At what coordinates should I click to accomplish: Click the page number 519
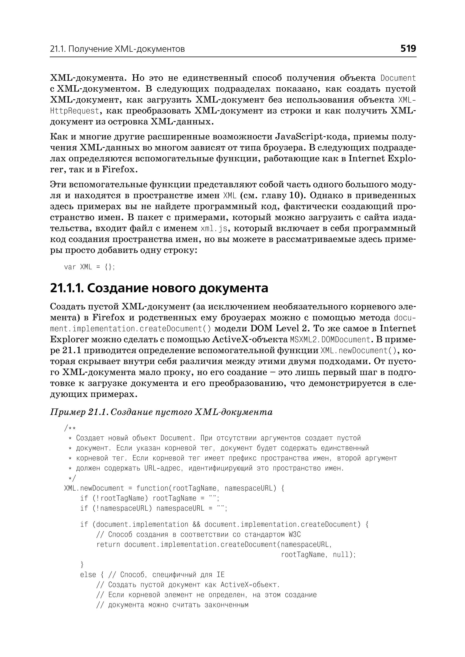pyautogui.click(x=408, y=48)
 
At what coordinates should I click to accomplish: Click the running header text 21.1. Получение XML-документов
pyautogui.click(x=117, y=49)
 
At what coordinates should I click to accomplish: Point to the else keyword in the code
pyautogui.click(x=88, y=575)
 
